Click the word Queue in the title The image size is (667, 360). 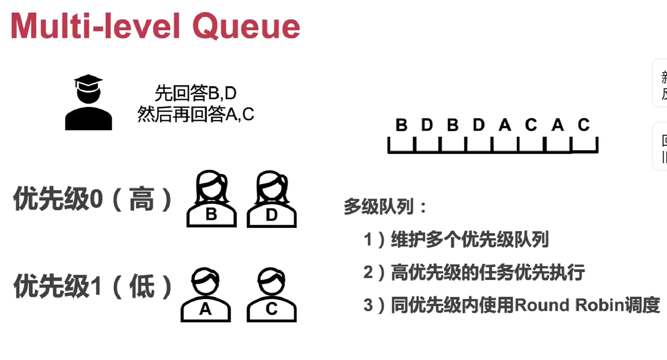246,27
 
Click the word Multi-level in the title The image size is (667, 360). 95,27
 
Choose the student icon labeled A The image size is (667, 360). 206,295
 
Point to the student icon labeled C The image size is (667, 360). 272,295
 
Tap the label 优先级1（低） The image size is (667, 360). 93,287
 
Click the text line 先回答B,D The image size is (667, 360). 195,93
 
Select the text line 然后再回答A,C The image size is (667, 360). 195,115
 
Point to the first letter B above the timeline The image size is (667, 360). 401,125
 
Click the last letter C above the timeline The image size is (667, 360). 584,125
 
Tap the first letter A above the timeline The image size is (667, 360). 505,125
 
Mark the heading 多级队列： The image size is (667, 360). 385,207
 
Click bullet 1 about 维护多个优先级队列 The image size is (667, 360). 456,239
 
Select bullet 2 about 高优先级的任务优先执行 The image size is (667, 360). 474,272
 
